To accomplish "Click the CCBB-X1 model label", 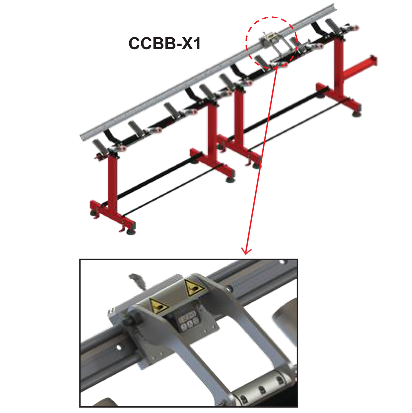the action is point(164,43).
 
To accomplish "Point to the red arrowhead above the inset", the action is point(246,251).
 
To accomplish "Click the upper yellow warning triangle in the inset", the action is point(193,288).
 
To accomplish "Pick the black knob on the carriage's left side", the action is point(130,320).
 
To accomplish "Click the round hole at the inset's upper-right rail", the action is point(282,262).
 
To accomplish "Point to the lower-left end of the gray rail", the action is point(83,138).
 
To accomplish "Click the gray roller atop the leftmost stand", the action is point(100,146).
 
